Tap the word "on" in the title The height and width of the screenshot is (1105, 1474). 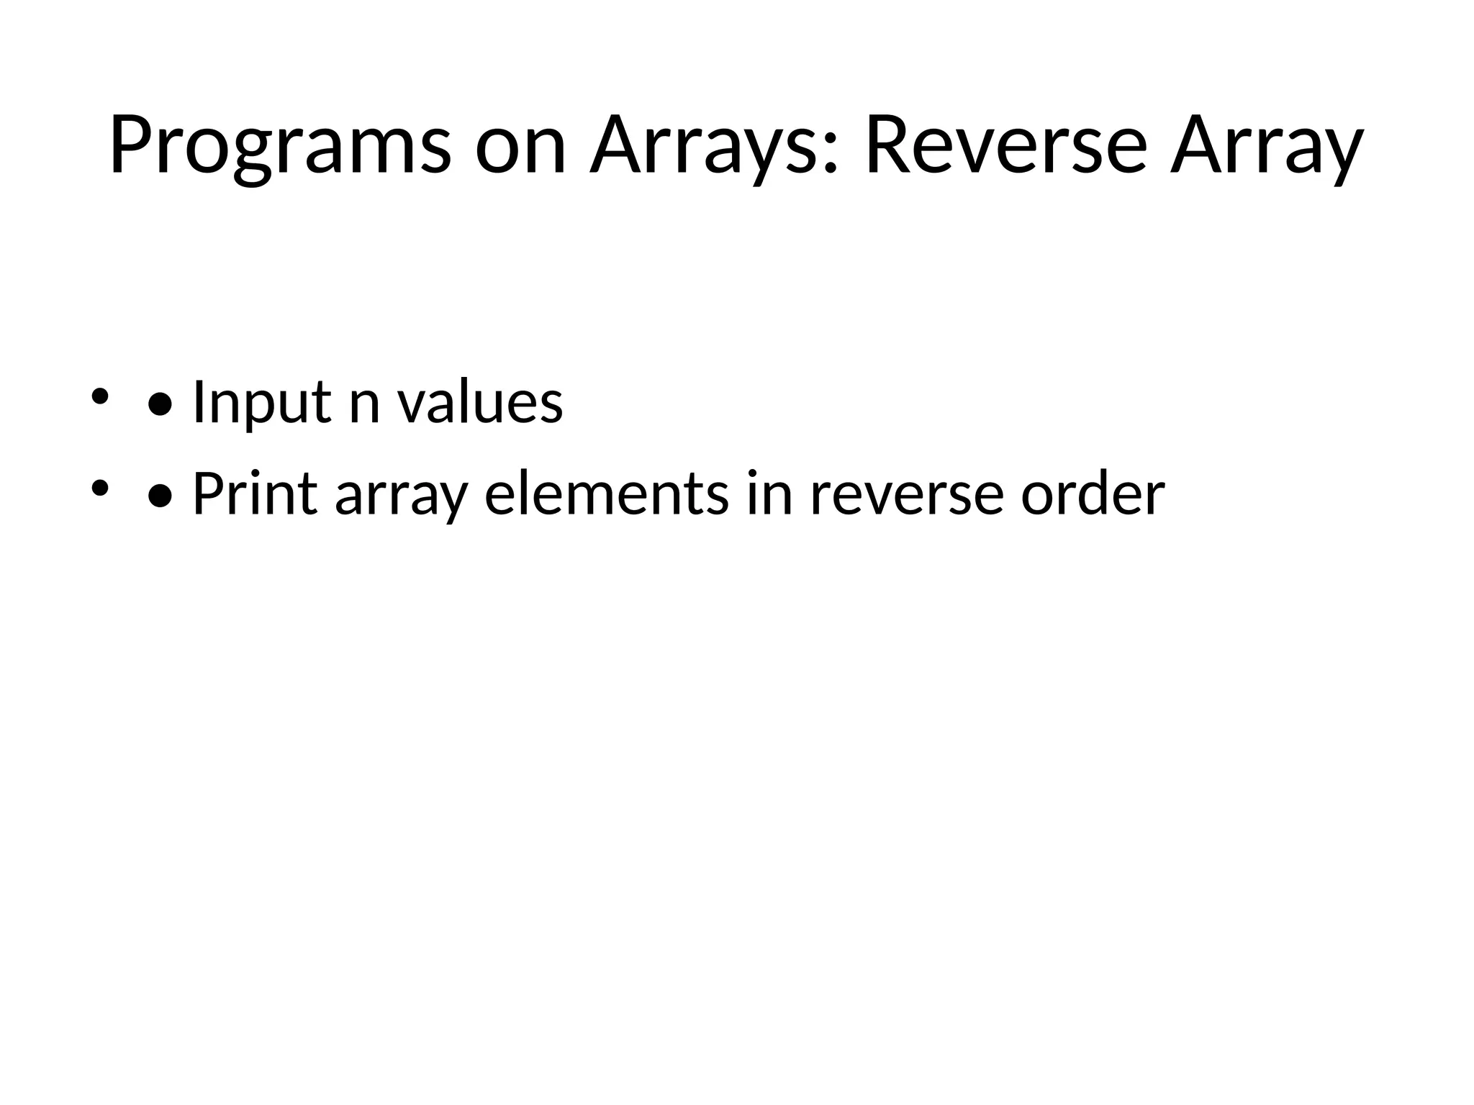coord(520,147)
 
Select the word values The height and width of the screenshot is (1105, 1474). coord(481,403)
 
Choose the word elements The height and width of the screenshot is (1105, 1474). coord(606,494)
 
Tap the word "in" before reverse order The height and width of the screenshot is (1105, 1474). coord(769,494)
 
